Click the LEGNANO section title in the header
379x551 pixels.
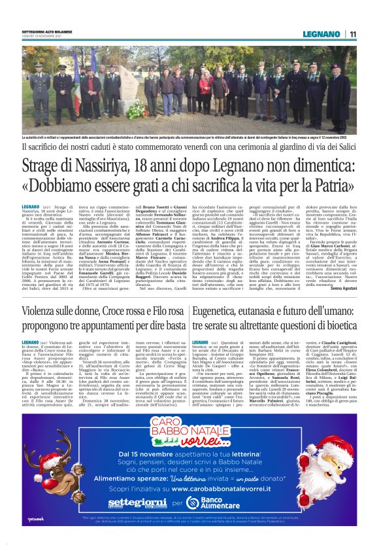click(320, 34)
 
